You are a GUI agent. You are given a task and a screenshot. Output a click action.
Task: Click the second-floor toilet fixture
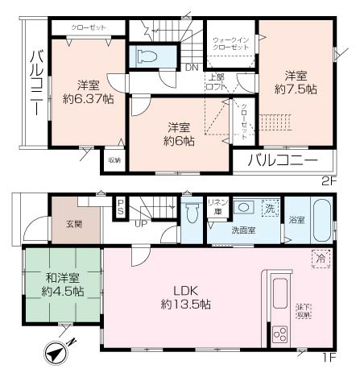coord(146,57)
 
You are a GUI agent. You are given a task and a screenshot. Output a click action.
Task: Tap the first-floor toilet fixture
coord(192,215)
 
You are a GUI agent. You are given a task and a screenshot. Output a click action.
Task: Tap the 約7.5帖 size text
coord(295,89)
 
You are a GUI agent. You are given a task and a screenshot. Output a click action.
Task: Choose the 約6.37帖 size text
coord(88,99)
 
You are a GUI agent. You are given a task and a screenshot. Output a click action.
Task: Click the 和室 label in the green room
coord(62,279)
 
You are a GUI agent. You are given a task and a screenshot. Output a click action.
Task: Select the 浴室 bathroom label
coord(296,218)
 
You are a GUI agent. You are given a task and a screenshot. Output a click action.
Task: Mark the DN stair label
coord(192,68)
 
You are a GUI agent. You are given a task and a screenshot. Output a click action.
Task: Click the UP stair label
coord(141,222)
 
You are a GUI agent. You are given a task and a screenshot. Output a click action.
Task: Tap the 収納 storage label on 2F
coord(114,159)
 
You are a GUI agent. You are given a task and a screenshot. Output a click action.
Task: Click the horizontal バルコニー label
coord(282,160)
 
